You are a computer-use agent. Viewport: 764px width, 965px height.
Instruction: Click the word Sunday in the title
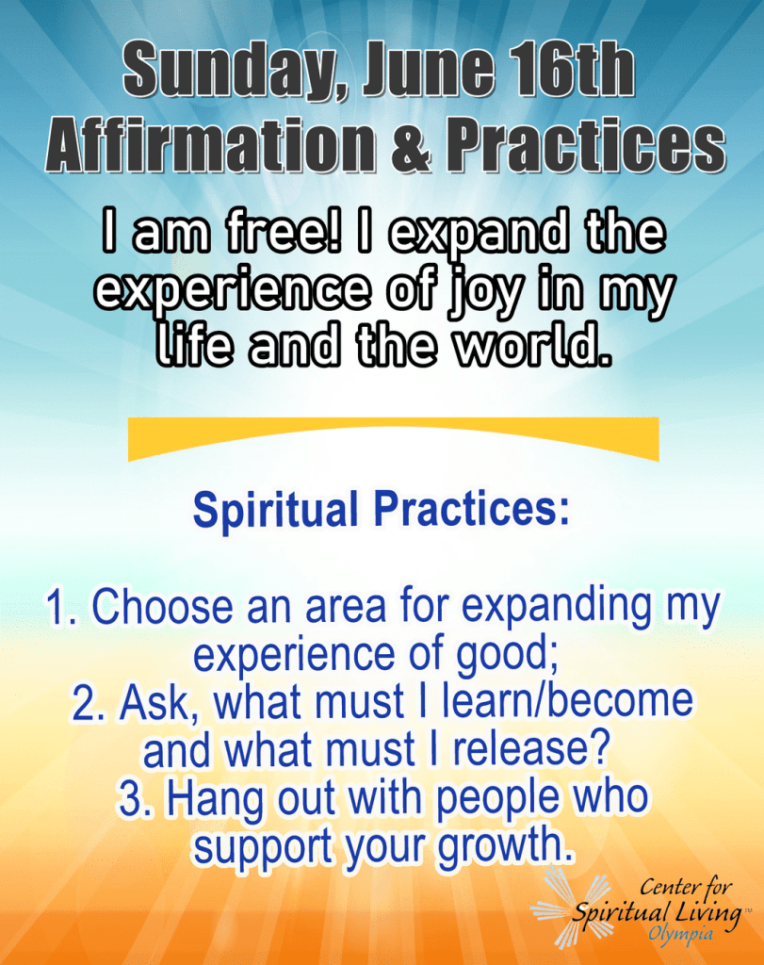(x=233, y=70)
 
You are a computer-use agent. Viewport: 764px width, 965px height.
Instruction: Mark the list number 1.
(x=61, y=608)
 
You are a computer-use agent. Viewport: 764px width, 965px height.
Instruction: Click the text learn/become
(x=567, y=701)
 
